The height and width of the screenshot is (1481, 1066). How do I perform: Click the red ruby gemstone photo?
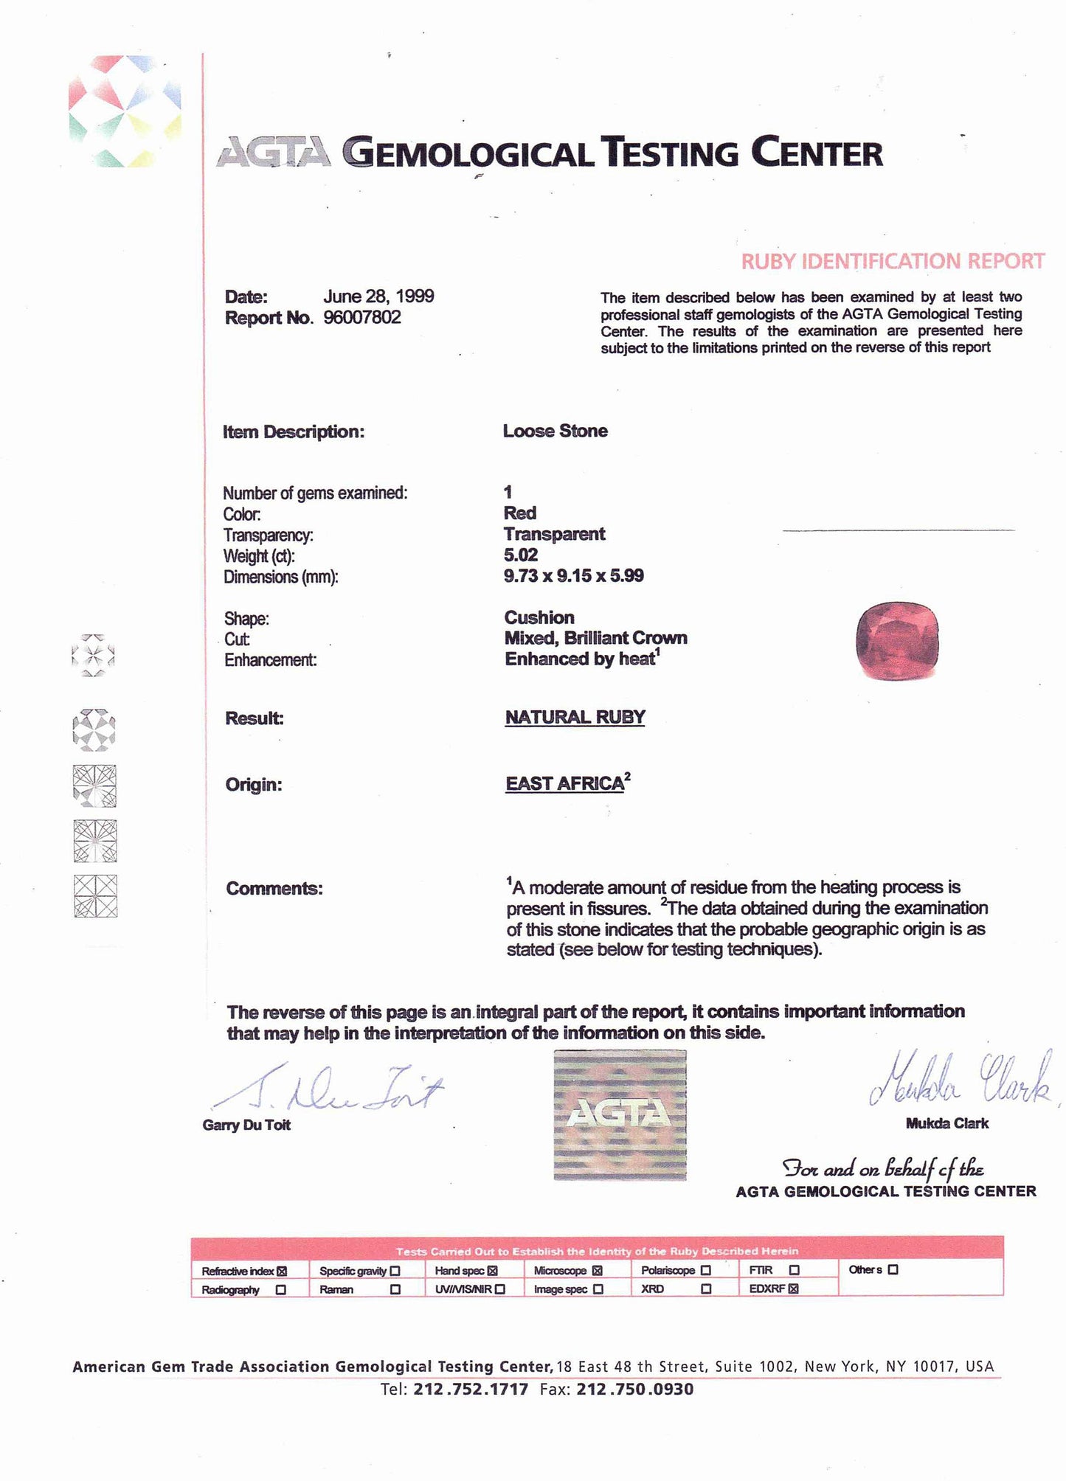(897, 640)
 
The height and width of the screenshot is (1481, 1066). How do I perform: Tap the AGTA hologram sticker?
(620, 1114)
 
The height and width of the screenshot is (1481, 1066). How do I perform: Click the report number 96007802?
(362, 318)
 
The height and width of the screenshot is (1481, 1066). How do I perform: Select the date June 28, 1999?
(378, 296)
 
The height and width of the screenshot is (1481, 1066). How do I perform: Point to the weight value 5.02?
(521, 555)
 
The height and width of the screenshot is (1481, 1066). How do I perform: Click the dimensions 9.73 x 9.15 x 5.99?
(573, 576)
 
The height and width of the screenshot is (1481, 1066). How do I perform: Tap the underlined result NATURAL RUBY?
(575, 717)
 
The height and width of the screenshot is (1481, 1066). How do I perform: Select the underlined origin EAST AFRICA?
(565, 783)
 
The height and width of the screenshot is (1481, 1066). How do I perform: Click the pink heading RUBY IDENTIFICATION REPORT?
(893, 261)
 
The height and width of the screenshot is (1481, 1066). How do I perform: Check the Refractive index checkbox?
(281, 1271)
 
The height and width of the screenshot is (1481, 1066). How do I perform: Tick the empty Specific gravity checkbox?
(395, 1271)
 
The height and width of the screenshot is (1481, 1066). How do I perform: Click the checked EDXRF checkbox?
(793, 1289)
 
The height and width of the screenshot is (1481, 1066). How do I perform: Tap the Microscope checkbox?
(598, 1271)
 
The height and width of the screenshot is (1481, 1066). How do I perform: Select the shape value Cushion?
(539, 617)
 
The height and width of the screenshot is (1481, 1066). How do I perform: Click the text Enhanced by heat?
(580, 659)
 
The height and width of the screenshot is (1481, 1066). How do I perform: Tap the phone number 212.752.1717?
(471, 1390)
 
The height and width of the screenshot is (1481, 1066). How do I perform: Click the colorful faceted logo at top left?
(125, 111)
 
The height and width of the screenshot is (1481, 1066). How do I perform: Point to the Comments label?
(274, 889)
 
